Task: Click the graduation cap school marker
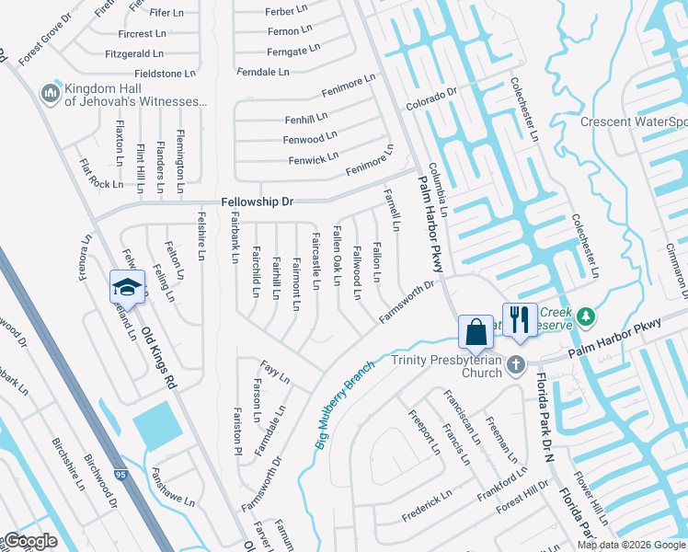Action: click(x=129, y=287)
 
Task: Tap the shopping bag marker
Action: click(x=476, y=331)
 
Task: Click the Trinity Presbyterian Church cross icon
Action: click(x=517, y=364)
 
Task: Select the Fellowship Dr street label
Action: click(x=257, y=201)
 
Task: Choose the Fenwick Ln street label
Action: click(x=314, y=159)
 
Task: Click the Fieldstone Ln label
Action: click(x=166, y=73)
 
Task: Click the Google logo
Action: click(x=29, y=541)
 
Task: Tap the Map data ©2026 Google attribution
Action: click(x=631, y=545)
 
